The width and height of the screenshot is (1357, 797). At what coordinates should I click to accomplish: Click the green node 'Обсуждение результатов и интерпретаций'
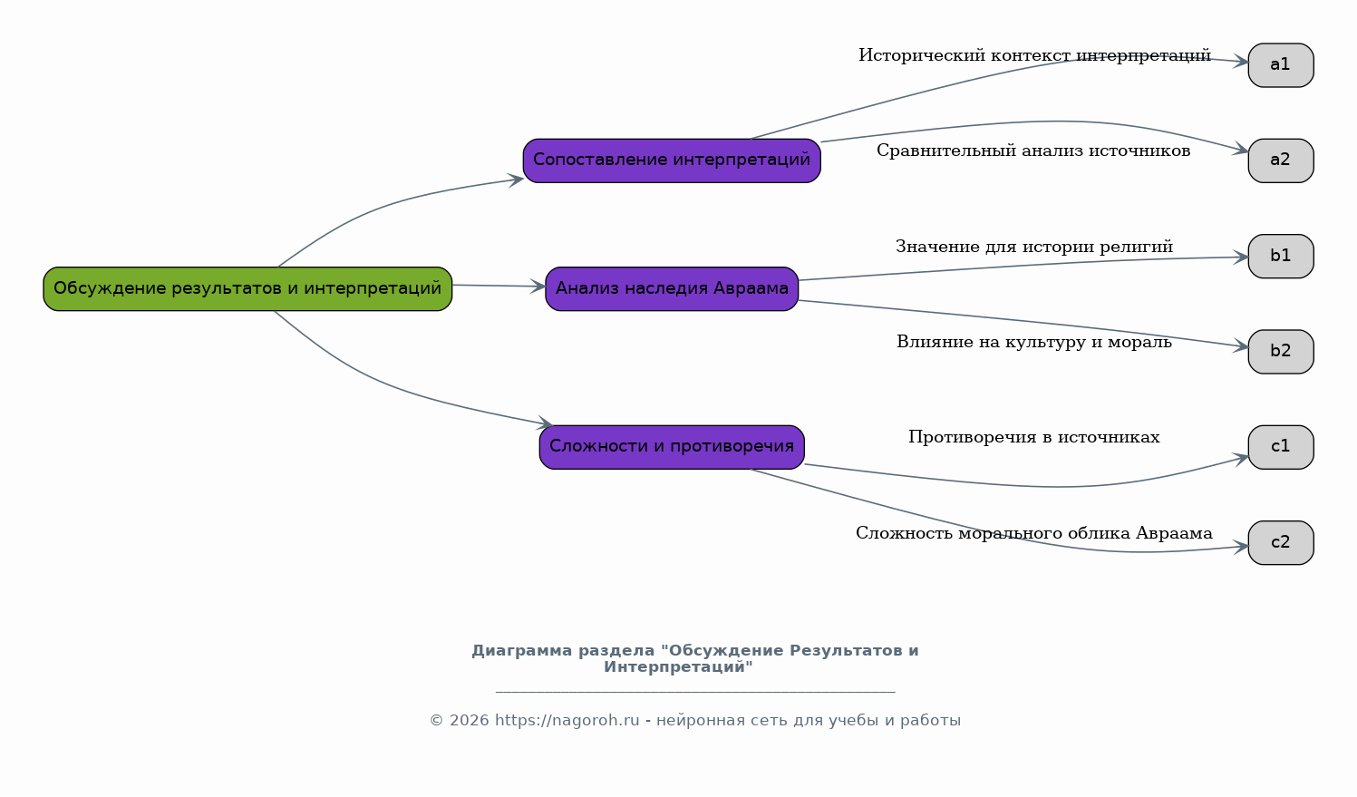[247, 288]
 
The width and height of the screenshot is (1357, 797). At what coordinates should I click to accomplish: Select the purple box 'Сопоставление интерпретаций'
[672, 160]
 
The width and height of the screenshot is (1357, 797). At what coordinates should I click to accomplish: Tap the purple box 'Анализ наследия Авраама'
[672, 288]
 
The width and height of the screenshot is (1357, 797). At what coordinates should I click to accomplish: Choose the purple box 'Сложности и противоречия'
[672, 447]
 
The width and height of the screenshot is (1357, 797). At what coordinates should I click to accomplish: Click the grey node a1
[1281, 65]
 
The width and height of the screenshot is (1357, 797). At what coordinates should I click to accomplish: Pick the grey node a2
[1281, 160]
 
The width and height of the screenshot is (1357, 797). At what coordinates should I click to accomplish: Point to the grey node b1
[1281, 257]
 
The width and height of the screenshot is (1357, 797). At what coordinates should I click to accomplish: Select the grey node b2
[1281, 352]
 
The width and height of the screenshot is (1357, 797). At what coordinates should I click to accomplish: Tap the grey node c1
[1281, 447]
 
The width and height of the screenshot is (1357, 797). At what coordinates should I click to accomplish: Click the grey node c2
[1281, 542]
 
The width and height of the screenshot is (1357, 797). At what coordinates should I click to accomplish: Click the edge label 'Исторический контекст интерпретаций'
[1034, 55]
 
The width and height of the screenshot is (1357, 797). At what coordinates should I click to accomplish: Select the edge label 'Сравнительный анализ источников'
[1033, 151]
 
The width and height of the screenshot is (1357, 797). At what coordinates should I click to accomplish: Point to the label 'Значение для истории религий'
[1034, 247]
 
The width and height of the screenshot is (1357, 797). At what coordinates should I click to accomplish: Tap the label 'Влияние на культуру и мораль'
[1034, 343]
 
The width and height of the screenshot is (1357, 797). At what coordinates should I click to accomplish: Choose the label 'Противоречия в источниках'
[1034, 438]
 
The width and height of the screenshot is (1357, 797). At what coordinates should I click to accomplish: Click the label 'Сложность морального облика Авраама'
[1034, 533]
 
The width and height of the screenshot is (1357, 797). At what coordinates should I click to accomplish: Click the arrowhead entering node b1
[1240, 257]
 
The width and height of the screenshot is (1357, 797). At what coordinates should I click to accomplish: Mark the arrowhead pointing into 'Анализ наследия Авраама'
[538, 287]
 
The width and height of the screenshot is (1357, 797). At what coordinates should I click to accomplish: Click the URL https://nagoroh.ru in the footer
[567, 720]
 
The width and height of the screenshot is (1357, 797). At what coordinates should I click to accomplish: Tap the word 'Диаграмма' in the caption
[521, 651]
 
